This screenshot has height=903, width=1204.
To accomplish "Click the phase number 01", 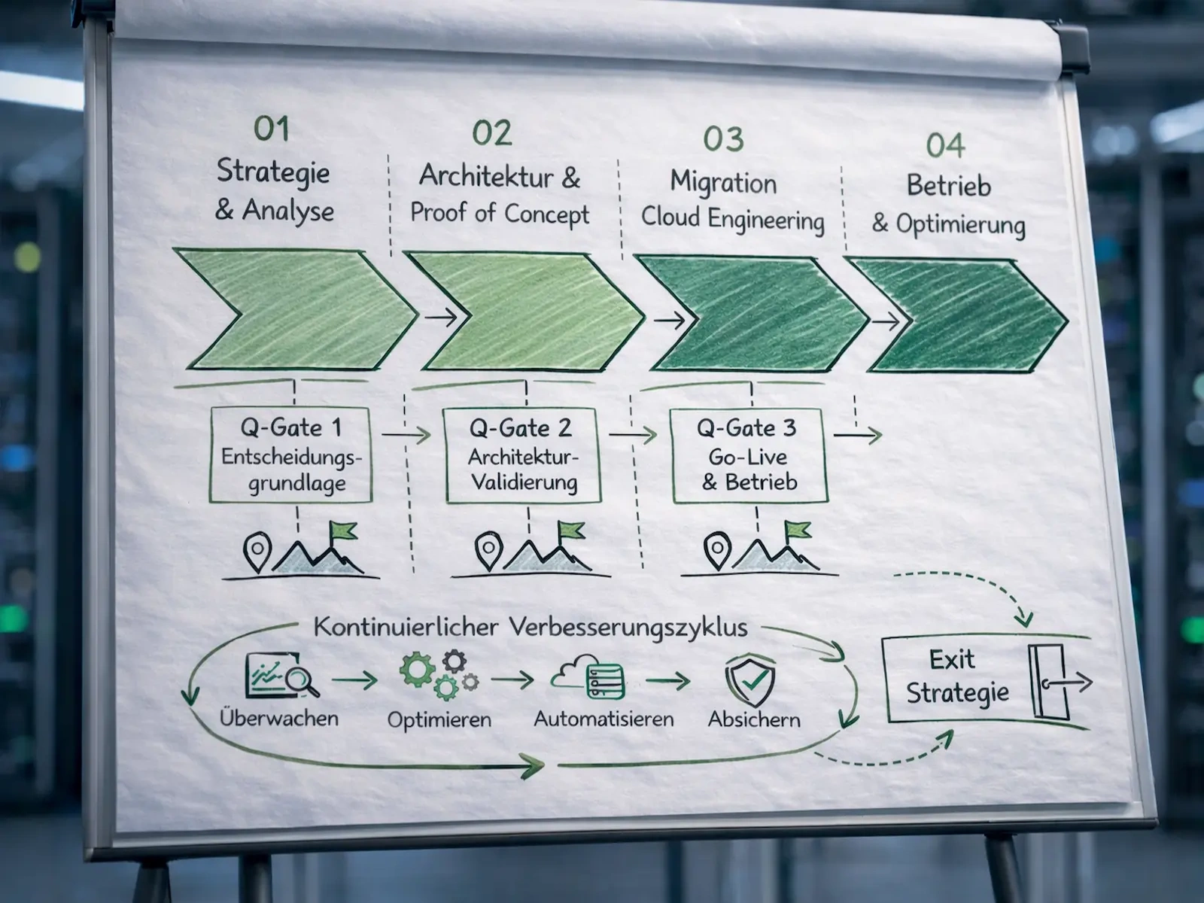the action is [272, 129].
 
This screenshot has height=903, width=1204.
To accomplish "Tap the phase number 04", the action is [945, 145].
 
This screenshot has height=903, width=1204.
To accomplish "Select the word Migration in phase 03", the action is [723, 183].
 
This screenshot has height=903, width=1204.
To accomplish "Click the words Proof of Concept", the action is [500, 214].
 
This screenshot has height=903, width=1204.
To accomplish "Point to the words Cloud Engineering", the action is [733, 220].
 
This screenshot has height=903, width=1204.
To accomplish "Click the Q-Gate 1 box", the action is [290, 455].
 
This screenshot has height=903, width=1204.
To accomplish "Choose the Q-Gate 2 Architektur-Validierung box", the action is [523, 455].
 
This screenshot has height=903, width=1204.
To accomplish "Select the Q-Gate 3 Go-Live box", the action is [749, 456].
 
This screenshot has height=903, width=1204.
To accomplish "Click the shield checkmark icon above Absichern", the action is [750, 682].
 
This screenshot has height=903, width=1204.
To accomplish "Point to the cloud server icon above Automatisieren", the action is [588, 678].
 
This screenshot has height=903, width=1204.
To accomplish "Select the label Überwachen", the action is [278, 718].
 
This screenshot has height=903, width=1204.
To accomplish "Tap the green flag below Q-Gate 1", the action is [343, 531].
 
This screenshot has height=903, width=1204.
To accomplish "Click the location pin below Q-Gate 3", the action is [717, 550].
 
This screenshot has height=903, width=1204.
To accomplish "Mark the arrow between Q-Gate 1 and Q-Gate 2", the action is [406, 435].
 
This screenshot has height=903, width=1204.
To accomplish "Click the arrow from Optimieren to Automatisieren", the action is [512, 680].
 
